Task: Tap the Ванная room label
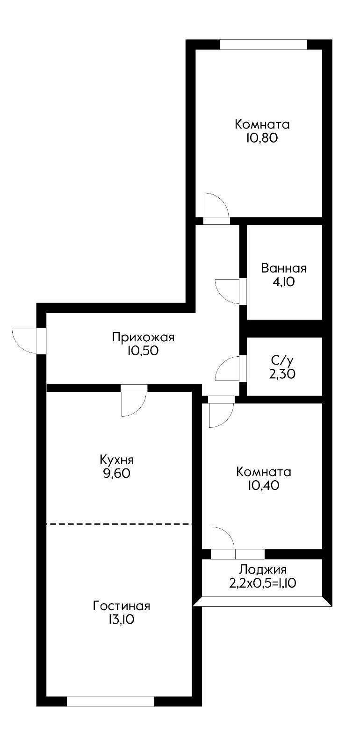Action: [x=284, y=268]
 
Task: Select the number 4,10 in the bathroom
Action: [x=284, y=282]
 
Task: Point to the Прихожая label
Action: [x=143, y=337]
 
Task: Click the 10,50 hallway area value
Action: [x=143, y=351]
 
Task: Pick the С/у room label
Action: [x=283, y=360]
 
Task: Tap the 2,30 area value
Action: [x=283, y=374]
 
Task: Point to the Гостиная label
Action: [x=122, y=606]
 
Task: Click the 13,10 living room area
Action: [x=122, y=620]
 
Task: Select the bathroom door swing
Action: [x=228, y=291]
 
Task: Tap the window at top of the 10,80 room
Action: [x=263, y=44]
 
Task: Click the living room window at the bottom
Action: [x=110, y=701]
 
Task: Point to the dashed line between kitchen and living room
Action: [x=119, y=524]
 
